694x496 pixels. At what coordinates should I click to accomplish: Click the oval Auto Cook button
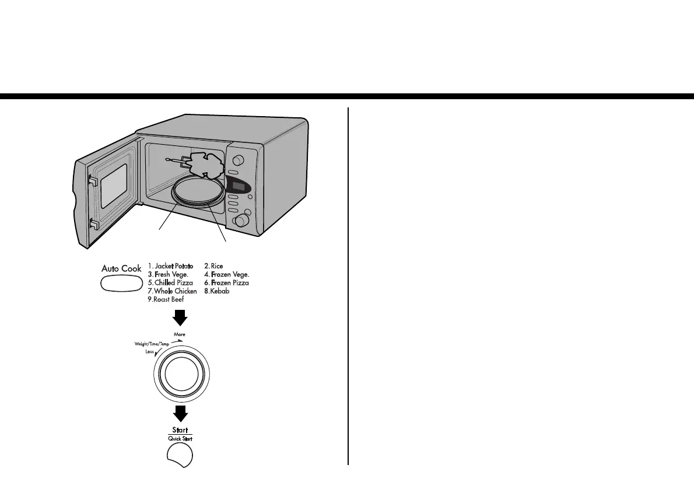(x=121, y=284)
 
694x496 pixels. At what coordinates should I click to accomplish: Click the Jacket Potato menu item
(x=171, y=266)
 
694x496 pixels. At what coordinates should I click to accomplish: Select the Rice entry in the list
(x=213, y=266)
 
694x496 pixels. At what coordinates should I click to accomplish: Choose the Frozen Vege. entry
(x=226, y=274)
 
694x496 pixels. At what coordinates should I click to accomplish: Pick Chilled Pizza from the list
(x=170, y=282)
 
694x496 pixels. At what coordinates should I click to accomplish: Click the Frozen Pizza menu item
(x=226, y=282)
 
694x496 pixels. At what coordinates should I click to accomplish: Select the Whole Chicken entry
(x=172, y=291)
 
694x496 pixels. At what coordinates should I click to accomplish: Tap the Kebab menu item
(x=216, y=291)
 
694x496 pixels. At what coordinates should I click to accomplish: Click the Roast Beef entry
(x=166, y=299)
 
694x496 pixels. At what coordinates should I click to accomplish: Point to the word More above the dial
(x=180, y=334)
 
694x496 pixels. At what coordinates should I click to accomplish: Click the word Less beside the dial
(x=149, y=352)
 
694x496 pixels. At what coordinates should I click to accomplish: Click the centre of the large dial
(x=181, y=374)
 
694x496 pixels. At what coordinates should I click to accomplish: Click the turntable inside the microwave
(x=199, y=193)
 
